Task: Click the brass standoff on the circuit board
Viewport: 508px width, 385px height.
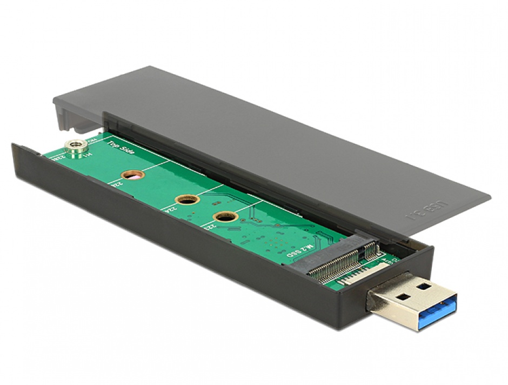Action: (x=76, y=145)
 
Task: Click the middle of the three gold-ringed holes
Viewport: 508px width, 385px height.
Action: (x=188, y=200)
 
